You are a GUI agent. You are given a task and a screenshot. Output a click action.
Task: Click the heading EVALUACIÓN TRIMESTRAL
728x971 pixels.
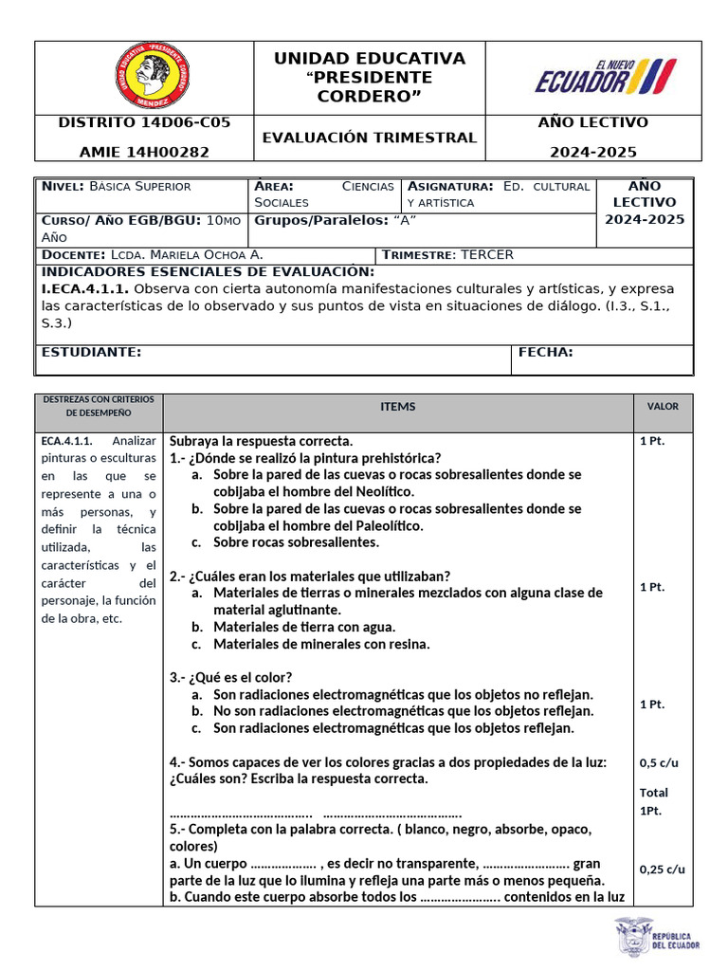pyautogui.click(x=370, y=137)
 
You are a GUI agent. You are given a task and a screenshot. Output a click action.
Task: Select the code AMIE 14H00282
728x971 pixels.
pyautogui.click(x=144, y=152)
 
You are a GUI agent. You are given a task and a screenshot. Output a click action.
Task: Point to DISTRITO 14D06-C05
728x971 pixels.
pyautogui.click(x=144, y=122)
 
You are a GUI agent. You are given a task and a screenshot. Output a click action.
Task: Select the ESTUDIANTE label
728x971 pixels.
pyautogui.click(x=92, y=353)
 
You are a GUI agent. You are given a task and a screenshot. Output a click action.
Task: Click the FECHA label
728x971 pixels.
pyautogui.click(x=545, y=353)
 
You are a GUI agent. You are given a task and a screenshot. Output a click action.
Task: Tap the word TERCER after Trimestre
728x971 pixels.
pyautogui.click(x=487, y=255)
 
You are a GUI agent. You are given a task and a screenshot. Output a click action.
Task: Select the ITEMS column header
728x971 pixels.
pyautogui.click(x=398, y=407)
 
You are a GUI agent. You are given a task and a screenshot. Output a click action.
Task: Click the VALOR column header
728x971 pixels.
pyautogui.click(x=663, y=406)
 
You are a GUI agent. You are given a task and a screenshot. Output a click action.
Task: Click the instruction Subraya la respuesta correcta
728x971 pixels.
pyautogui.click(x=261, y=441)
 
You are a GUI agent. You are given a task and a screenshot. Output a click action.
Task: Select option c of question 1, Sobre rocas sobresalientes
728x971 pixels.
pyautogui.click(x=282, y=542)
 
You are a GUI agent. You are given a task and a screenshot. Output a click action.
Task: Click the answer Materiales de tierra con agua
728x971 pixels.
pyautogui.click(x=304, y=627)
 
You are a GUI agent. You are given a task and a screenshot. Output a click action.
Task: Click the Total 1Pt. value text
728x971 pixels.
pyautogui.click(x=653, y=801)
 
